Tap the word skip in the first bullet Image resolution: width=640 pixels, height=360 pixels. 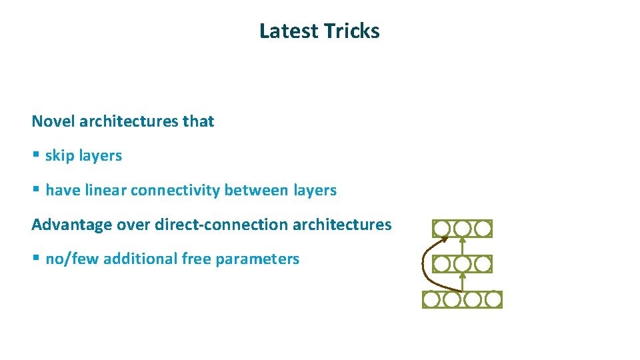tap(59, 156)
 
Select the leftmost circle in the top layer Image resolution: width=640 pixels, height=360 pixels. tap(441, 229)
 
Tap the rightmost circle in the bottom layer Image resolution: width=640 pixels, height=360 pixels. tap(493, 300)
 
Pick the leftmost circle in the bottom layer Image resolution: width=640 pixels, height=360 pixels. tap(431, 300)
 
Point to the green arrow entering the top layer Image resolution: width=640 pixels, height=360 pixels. tap(462, 246)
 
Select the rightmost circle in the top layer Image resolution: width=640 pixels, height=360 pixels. tap(483, 229)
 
